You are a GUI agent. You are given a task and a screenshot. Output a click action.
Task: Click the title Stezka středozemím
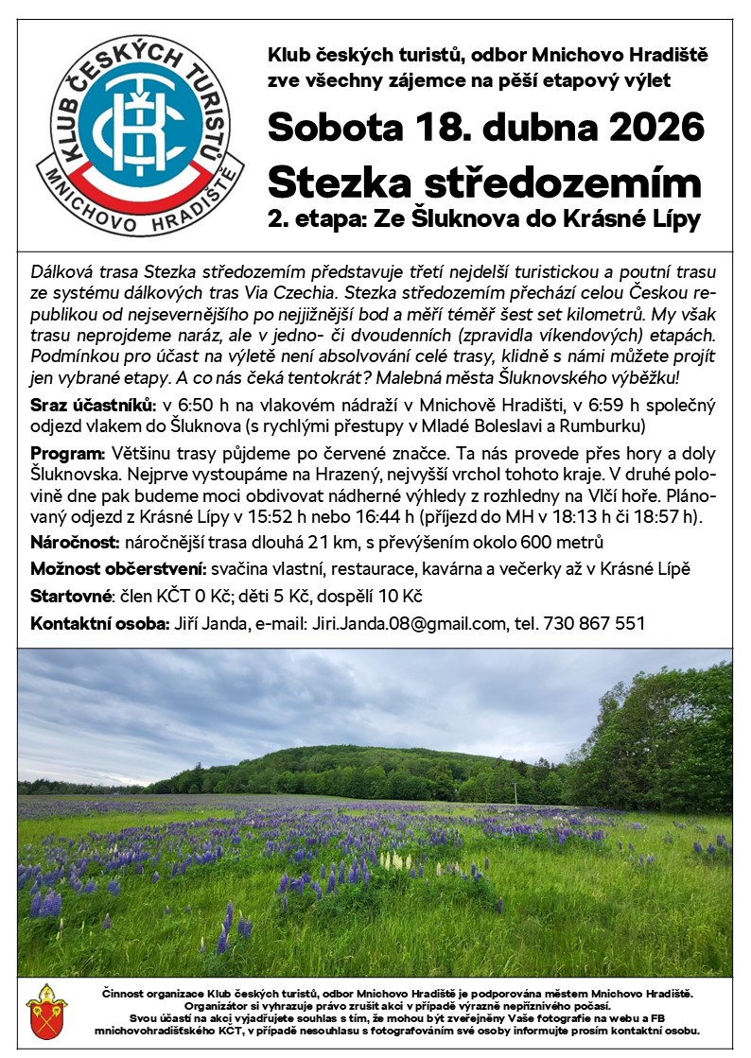484,181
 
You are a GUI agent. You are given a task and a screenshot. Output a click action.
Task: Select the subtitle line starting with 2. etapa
484,221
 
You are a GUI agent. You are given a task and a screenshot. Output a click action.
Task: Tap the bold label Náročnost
74,542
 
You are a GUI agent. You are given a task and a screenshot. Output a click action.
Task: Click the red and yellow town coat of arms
46,1010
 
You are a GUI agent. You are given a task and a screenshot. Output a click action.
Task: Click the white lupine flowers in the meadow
397,861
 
